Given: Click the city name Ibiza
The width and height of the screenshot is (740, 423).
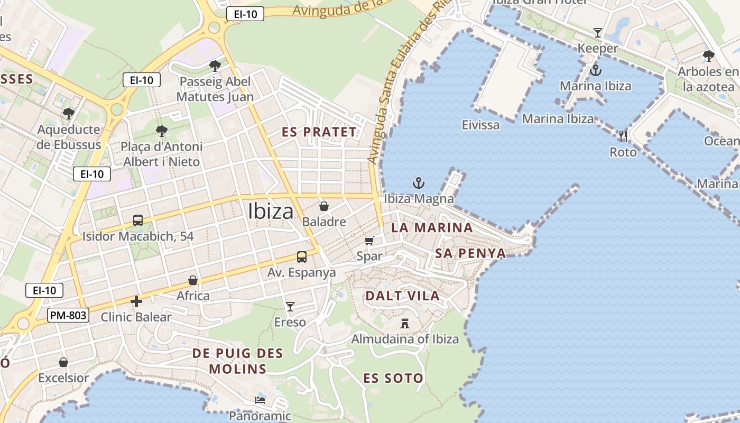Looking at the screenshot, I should [x=271, y=212].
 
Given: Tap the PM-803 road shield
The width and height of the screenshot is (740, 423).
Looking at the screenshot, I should [x=68, y=316].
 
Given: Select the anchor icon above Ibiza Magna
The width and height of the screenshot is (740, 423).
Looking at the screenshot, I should [x=418, y=183].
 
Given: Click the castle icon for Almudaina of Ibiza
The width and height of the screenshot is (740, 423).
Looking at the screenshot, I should [x=405, y=323].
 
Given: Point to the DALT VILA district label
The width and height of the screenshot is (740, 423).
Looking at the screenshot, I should [x=402, y=296].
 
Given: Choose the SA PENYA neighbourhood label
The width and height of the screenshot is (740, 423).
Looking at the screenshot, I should [x=470, y=253].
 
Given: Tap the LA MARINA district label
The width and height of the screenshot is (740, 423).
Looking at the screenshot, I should [x=432, y=228].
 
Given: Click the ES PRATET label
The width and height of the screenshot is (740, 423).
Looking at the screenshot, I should [x=319, y=132].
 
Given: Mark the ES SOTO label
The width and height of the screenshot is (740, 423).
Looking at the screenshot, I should [x=393, y=378].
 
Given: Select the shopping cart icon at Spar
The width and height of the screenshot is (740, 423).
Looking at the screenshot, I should [x=369, y=241].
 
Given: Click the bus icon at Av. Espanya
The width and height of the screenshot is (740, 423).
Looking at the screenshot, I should [x=301, y=257].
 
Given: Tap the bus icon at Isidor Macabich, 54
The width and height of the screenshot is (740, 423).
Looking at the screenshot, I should [x=137, y=220].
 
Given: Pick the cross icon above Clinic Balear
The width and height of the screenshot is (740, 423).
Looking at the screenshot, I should [x=136, y=301].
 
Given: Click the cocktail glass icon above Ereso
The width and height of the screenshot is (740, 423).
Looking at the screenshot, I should [x=290, y=306].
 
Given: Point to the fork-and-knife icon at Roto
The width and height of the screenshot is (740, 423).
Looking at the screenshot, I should [x=623, y=136].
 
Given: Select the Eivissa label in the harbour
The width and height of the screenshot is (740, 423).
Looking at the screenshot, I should [x=480, y=125].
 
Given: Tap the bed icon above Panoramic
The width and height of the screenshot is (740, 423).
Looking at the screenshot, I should [x=260, y=400].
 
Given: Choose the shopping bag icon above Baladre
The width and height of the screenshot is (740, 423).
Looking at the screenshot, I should [x=323, y=206].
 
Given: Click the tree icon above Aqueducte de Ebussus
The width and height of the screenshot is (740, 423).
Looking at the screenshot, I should [x=68, y=113].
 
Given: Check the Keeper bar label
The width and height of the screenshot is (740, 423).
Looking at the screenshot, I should [x=597, y=48].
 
